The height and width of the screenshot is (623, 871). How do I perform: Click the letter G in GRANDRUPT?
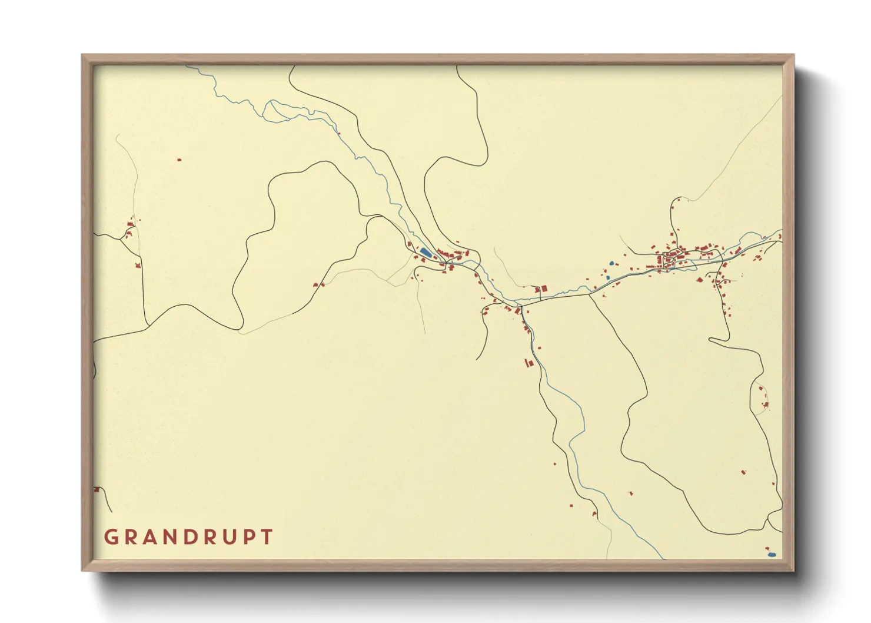click(111, 537)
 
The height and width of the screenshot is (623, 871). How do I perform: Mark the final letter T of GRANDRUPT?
click(268, 537)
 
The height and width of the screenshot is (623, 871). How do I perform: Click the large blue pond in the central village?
click(425, 252)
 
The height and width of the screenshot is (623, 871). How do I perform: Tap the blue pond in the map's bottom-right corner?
click(772, 555)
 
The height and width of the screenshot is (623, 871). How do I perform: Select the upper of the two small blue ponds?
click(611, 263)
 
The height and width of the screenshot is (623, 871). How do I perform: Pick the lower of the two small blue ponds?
click(608, 277)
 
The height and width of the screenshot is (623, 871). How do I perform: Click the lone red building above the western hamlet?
click(179, 159)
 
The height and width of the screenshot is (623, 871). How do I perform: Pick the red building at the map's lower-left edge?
click(97, 489)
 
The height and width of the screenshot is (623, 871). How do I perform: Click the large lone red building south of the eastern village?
click(743, 472)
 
